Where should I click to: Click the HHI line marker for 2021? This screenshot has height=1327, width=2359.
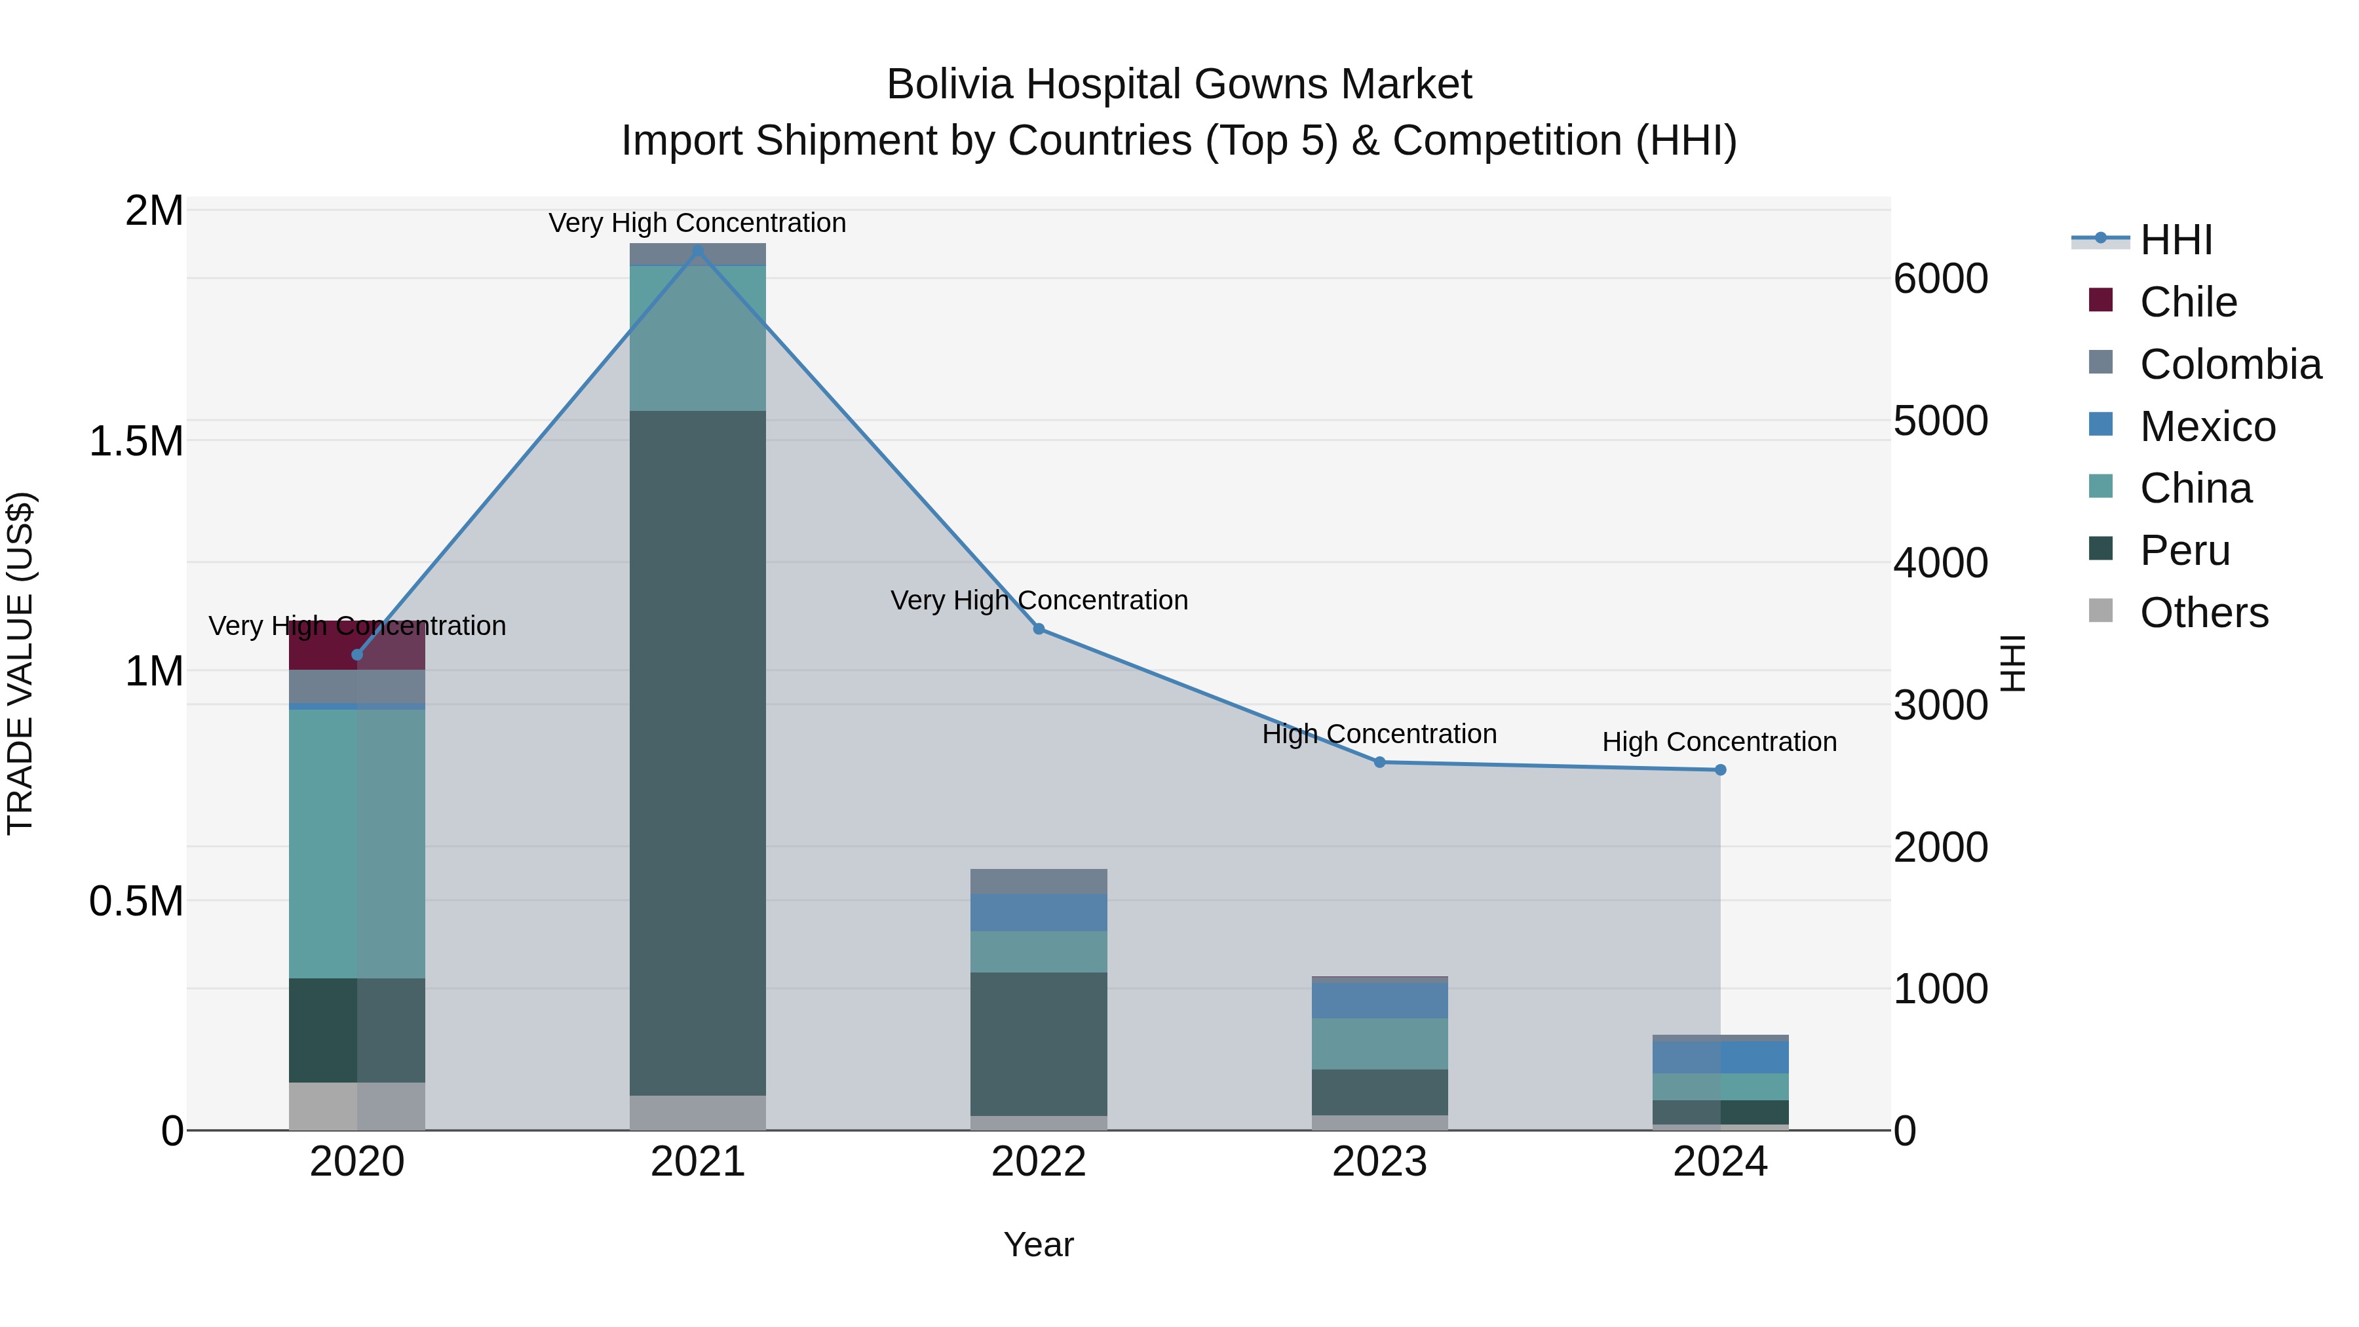tap(698, 251)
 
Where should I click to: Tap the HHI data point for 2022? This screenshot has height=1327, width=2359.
tap(1039, 629)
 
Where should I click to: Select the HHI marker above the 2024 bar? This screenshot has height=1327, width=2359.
tap(1720, 770)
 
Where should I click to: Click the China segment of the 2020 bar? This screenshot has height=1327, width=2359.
tap(356, 843)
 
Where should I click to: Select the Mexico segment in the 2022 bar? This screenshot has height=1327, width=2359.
tap(1039, 912)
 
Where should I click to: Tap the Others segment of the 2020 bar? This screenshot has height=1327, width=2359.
tap(356, 1106)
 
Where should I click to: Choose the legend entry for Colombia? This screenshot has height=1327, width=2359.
tap(2230, 364)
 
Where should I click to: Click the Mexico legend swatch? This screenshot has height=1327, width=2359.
tap(2101, 425)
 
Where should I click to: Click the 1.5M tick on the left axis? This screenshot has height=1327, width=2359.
tap(136, 442)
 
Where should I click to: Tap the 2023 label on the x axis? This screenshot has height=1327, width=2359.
tap(1379, 1162)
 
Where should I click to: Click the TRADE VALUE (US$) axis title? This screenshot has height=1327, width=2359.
tap(20, 663)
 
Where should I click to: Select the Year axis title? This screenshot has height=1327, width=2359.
tap(1039, 1244)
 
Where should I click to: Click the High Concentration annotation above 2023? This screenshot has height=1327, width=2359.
tap(1379, 735)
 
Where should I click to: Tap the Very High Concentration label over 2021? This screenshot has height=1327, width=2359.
tap(698, 223)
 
